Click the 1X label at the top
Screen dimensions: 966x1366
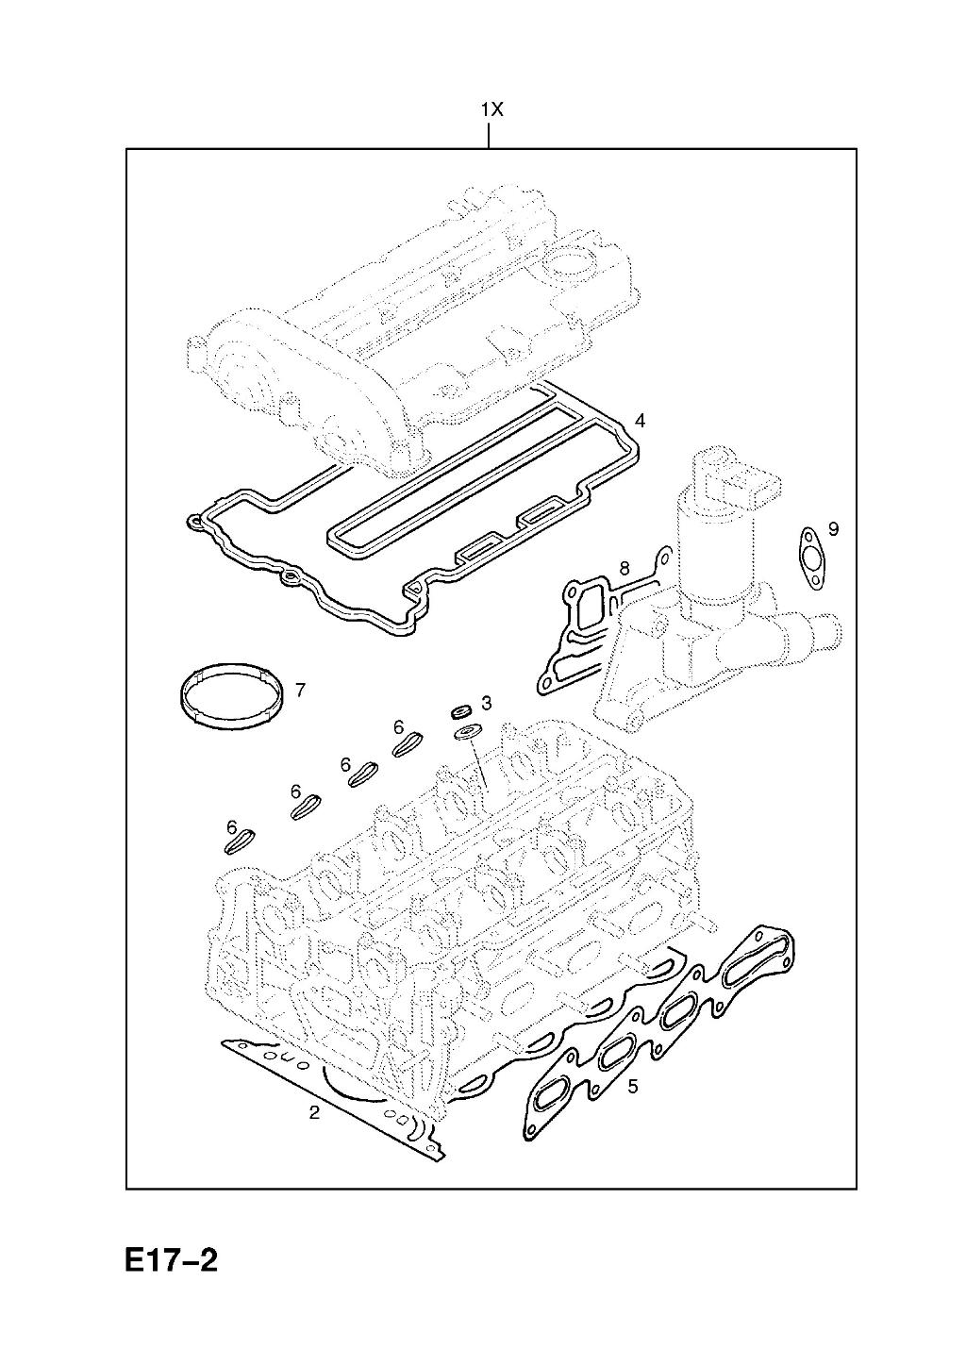coord(491,109)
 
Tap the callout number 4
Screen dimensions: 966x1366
coord(639,420)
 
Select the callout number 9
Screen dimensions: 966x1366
coord(834,528)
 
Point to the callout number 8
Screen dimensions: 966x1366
coord(624,568)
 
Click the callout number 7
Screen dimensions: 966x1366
coord(299,691)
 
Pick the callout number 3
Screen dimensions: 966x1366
coord(486,703)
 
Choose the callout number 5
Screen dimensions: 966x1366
coord(632,1086)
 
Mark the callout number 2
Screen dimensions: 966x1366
coord(314,1113)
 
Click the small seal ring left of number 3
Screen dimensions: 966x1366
coord(460,711)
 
